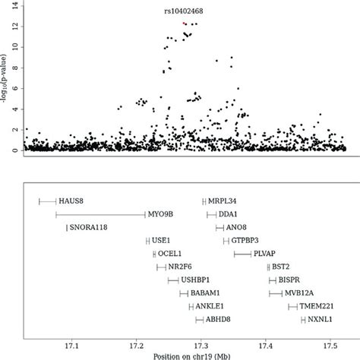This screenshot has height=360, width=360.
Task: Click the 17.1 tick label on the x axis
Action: (71, 343)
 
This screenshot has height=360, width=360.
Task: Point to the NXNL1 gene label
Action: (323, 320)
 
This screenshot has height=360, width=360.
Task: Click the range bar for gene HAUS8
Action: (47, 201)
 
